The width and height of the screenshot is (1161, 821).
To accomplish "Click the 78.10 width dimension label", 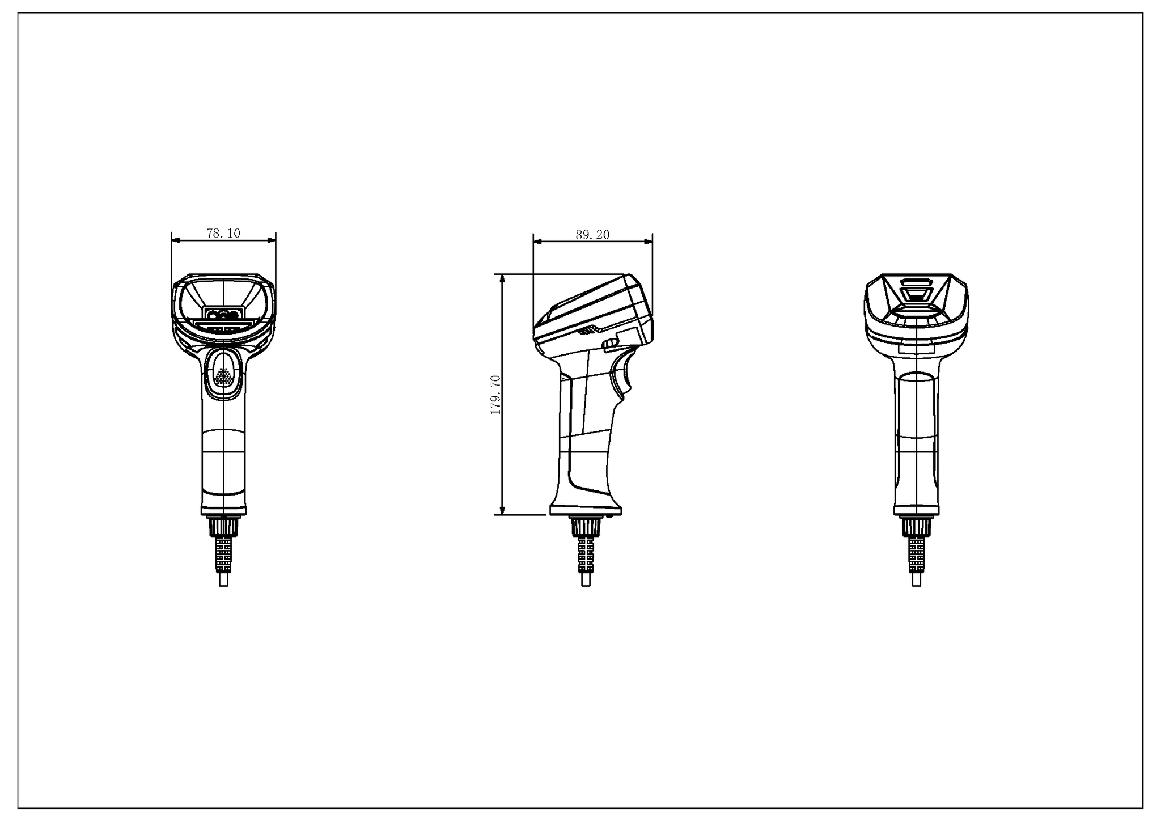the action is click(223, 233).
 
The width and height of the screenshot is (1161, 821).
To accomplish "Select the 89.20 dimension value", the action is click(592, 235).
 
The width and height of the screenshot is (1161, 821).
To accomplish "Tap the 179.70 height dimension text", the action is click(495, 395).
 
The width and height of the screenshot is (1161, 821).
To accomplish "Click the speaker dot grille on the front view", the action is click(223, 376).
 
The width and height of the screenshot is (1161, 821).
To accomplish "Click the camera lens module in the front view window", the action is click(223, 315).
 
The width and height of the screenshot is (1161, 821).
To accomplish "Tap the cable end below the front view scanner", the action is click(223, 579).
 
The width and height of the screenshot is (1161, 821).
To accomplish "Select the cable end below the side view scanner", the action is click(586, 579).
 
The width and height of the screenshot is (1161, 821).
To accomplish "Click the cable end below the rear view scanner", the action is click(916, 579).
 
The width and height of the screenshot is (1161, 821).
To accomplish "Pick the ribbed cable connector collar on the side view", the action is click(586, 527).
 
